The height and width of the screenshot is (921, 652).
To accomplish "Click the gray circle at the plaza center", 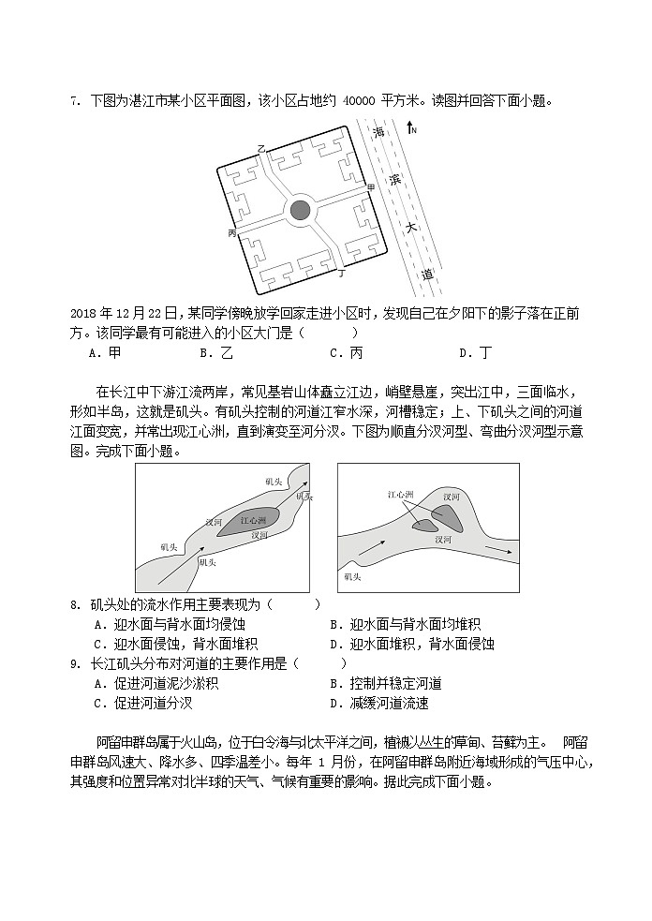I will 300,210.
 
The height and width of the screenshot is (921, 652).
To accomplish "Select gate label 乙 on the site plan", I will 261,149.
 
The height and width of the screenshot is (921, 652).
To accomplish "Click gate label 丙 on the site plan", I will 231,233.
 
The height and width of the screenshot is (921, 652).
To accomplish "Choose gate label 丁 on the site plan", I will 342,275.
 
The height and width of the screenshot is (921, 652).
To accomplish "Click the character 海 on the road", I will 379,133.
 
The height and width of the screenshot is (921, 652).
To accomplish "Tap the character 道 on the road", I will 427,275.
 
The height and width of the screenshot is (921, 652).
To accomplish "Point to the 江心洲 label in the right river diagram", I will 401,494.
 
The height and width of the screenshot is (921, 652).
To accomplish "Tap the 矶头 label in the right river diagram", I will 354,577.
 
